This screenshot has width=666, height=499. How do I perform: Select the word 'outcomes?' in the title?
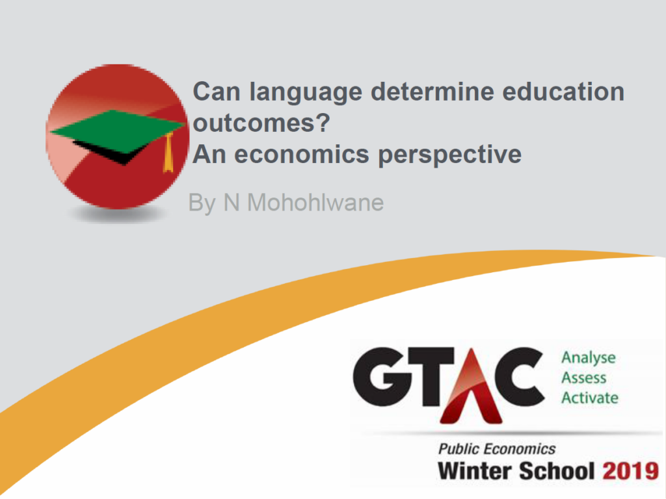pyautogui.click(x=261, y=123)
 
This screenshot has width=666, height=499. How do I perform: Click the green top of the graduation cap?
pyautogui.click(x=116, y=131)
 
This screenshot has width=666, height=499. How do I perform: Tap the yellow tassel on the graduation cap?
pyautogui.click(x=168, y=153)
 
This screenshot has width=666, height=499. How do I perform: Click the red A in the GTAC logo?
pyautogui.click(x=471, y=388)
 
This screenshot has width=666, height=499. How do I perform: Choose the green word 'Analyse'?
pyautogui.click(x=588, y=359)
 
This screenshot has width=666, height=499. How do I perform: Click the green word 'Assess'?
pyautogui.click(x=583, y=377)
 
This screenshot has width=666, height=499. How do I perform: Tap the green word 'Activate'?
pyautogui.click(x=589, y=398)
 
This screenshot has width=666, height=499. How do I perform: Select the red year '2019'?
pyautogui.click(x=630, y=471)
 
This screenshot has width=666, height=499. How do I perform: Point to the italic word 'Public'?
pyautogui.click(x=459, y=449)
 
